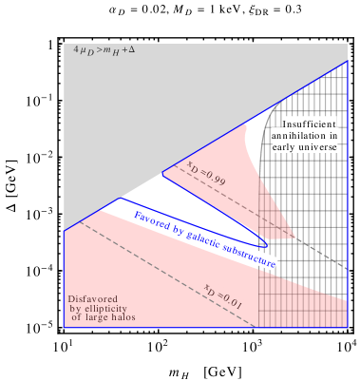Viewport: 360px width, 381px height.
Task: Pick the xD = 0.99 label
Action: [x=206, y=171]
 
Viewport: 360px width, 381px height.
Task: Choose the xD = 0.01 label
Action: [x=225, y=295]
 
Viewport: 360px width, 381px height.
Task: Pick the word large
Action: [x=96, y=316]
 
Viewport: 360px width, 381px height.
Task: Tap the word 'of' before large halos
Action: [x=76, y=316]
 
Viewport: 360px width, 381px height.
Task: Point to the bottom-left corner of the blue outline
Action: [x=64, y=328]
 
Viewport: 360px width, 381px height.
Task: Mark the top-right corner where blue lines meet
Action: [x=349, y=60]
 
